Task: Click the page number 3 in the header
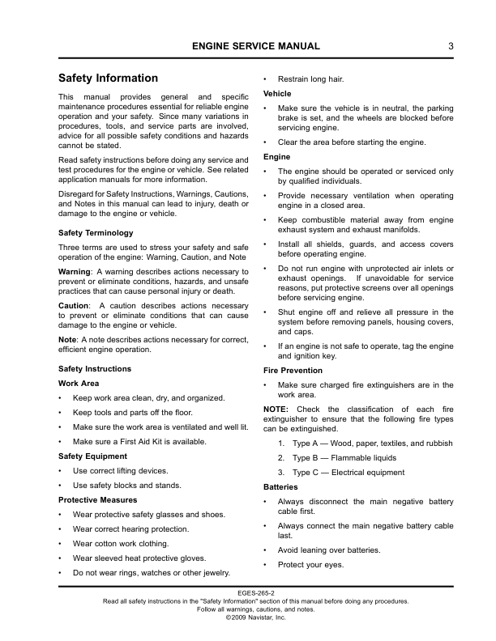(451, 46)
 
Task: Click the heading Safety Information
(108, 79)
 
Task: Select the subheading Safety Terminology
(96, 233)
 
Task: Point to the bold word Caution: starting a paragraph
(74, 305)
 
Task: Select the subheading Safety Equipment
(92, 456)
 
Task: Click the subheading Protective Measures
(97, 500)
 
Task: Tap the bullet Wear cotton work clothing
(120, 544)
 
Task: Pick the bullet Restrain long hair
(310, 79)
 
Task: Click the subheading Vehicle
(278, 94)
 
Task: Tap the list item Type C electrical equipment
(348, 473)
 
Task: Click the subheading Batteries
(280, 487)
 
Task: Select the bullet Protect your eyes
(310, 564)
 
